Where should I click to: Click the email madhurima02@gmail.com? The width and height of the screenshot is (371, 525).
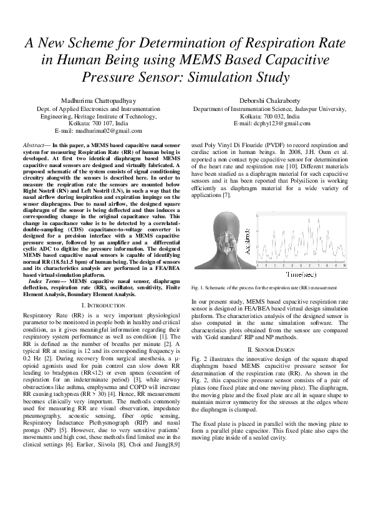tap(100, 131)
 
